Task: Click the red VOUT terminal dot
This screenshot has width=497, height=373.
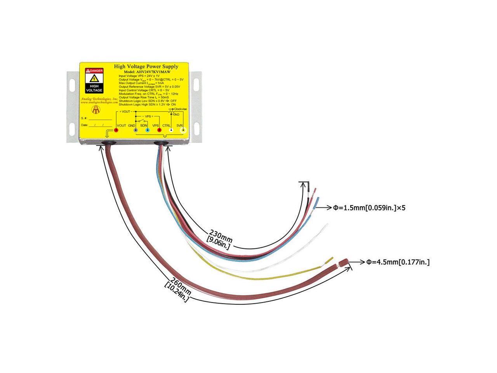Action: click(x=116, y=131)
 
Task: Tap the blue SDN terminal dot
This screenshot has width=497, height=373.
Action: click(x=147, y=131)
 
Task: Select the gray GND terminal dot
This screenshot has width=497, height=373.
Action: click(x=136, y=131)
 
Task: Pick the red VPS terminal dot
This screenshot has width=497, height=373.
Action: click(x=159, y=131)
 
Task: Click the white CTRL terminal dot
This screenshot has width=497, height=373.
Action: click(x=171, y=131)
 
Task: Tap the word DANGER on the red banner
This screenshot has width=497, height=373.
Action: click(x=96, y=70)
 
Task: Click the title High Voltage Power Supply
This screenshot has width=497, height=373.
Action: click(x=146, y=66)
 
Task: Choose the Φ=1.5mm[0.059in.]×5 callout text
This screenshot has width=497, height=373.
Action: click(x=369, y=208)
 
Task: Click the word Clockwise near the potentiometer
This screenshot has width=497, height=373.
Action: click(x=181, y=109)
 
